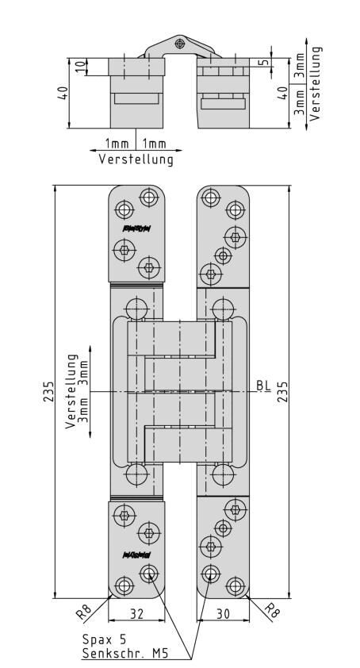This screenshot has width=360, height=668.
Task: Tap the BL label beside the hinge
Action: click(263, 387)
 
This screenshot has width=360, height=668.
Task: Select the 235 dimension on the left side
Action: click(48, 391)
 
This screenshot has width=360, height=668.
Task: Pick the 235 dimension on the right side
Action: click(282, 391)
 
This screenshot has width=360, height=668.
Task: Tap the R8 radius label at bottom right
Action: click(271, 612)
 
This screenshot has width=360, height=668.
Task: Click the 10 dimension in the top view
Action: click(79, 65)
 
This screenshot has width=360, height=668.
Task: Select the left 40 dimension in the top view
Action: click(63, 94)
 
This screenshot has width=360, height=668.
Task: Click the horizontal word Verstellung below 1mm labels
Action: click(136, 159)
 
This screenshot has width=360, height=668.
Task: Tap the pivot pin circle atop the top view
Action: click(181, 42)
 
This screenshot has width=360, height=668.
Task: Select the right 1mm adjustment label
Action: click(155, 144)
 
